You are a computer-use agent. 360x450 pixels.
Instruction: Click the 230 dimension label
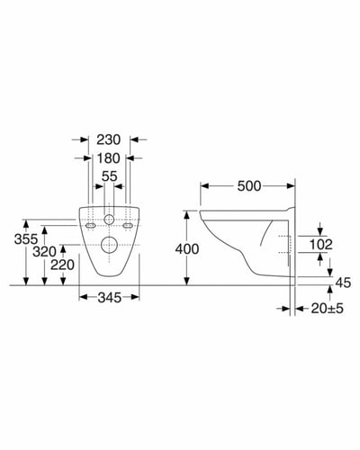pyautogui.click(x=109, y=139)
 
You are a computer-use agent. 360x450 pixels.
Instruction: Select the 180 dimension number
pyautogui.click(x=109, y=158)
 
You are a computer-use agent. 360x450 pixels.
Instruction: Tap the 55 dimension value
pyautogui.click(x=109, y=176)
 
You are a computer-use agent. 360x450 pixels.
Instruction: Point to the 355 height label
pyautogui.click(x=26, y=239)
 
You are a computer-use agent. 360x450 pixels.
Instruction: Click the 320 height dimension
pyautogui.click(x=44, y=252)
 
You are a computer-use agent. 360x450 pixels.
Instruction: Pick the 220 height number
pyautogui.click(x=62, y=265)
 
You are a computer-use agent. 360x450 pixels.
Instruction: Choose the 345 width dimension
pyautogui.click(x=110, y=298)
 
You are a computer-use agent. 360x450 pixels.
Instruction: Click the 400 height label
pyautogui.click(x=187, y=249)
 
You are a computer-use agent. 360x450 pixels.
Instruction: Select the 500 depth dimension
pyautogui.click(x=249, y=186)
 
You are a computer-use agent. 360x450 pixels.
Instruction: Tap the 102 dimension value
pyautogui.click(x=320, y=245)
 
